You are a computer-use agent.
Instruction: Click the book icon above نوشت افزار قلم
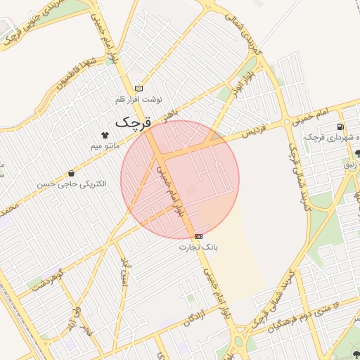click(139, 89)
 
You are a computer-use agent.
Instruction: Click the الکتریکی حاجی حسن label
click(72, 184)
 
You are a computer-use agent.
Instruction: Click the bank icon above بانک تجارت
click(199, 237)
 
